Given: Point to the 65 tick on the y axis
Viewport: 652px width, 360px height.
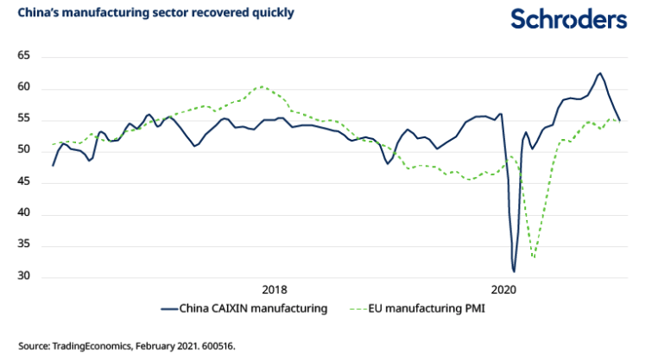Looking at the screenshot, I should [23, 56].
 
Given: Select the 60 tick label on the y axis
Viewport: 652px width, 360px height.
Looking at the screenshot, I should [23, 88].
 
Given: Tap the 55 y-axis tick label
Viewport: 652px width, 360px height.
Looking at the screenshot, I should [23, 119].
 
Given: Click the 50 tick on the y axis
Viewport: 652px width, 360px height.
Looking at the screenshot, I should [23, 151].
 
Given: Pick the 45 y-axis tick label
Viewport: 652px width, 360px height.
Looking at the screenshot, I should [23, 182].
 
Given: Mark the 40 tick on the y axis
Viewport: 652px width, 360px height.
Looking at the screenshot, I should [23, 214].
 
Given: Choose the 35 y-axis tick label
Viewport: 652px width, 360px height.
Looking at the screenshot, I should [23, 245].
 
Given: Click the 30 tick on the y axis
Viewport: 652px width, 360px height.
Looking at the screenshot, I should [23, 277].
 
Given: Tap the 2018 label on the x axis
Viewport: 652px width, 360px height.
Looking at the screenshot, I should [275, 289].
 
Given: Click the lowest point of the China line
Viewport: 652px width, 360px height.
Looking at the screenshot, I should [514, 271].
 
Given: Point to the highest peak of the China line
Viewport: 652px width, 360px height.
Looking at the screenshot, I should [599, 73].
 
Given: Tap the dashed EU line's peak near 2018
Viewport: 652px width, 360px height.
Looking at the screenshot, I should [263, 86].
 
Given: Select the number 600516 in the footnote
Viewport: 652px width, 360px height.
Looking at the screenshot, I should [215, 345].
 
